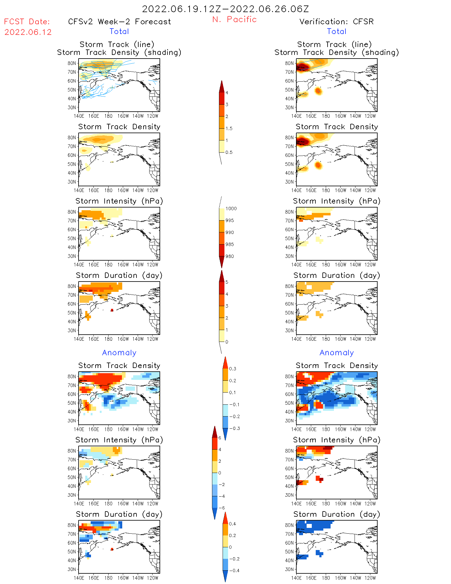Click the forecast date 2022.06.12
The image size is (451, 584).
click(28, 32)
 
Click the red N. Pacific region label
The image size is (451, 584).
click(234, 19)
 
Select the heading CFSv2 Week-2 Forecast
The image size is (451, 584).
click(119, 22)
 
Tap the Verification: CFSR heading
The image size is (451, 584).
click(336, 22)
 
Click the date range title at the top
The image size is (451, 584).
click(225, 9)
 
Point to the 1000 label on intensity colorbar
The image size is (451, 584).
click(231, 209)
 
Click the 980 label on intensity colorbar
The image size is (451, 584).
click(230, 256)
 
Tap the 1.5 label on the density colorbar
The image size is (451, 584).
click(229, 129)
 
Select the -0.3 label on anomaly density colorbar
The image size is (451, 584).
click(234, 429)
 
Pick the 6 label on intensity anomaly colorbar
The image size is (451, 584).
click(220, 438)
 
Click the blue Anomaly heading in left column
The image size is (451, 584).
click(119, 353)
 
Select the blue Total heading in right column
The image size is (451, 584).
click(336, 32)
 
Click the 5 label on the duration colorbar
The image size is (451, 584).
click(227, 282)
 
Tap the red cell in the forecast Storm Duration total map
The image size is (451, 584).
click(112, 310)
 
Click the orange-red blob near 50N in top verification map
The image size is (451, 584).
click(318, 91)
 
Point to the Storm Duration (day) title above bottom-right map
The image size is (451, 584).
click(337, 514)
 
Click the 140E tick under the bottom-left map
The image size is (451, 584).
click(79, 578)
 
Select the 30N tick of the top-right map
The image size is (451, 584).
click(289, 108)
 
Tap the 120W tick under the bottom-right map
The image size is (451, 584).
click(370, 578)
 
